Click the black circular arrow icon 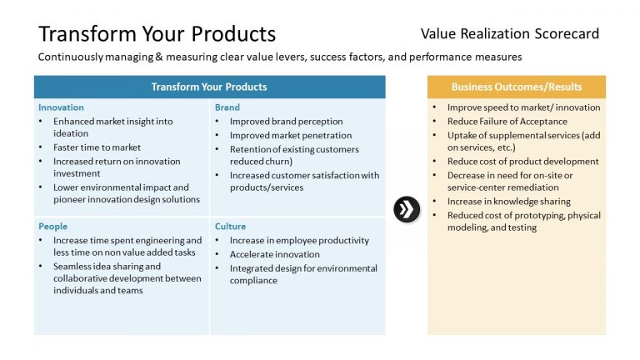click(406, 209)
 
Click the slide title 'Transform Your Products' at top click(157, 34)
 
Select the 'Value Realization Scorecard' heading click(509, 34)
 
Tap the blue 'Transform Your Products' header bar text click(209, 87)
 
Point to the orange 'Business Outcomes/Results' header click(517, 87)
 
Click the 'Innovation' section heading click(61, 107)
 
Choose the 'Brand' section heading click(227, 107)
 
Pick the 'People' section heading click(52, 226)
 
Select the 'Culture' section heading click(230, 226)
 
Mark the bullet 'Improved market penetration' click(291, 135)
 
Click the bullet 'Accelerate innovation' click(275, 254)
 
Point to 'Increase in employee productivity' click(299, 241)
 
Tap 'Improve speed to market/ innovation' click(523, 107)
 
